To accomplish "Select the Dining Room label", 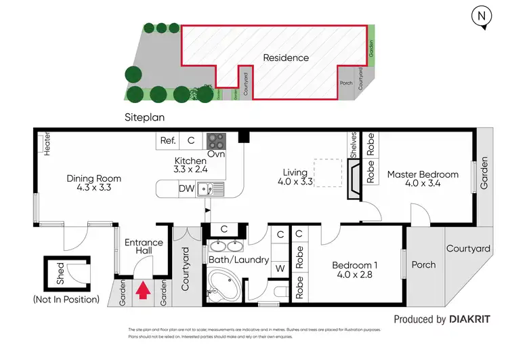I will tap(93, 184).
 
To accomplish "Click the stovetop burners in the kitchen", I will tap(216, 141).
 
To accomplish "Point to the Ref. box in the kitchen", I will tap(167, 141).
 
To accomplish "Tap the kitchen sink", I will tap(210, 189).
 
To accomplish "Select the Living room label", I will tap(296, 178).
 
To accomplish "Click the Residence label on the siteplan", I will tap(286, 58).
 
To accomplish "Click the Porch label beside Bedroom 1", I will tap(424, 264).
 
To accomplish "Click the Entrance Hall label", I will tap(144, 247).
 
